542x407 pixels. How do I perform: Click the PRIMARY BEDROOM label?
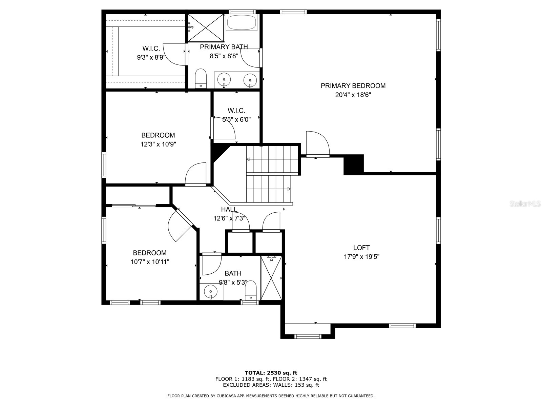coord(353,86)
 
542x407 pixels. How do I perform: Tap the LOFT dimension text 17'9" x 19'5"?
coord(361,257)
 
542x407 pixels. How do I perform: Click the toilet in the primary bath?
coord(201,78)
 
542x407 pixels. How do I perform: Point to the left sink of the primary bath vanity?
coord(224,80)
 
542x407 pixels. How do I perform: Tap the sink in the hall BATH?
coord(211,291)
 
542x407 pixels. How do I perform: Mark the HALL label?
coord(229,209)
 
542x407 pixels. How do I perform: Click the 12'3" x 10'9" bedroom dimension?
coord(158,144)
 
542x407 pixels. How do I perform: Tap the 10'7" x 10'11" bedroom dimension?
coord(150,262)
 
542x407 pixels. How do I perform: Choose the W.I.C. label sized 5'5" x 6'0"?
coord(236,111)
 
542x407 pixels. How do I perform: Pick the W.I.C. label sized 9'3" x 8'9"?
coord(151,49)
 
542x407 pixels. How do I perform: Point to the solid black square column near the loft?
coord(353,164)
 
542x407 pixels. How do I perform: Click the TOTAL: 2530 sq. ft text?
coord(271,373)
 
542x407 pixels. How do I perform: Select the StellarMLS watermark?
coord(525,204)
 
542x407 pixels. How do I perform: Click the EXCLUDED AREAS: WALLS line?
coord(271,385)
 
